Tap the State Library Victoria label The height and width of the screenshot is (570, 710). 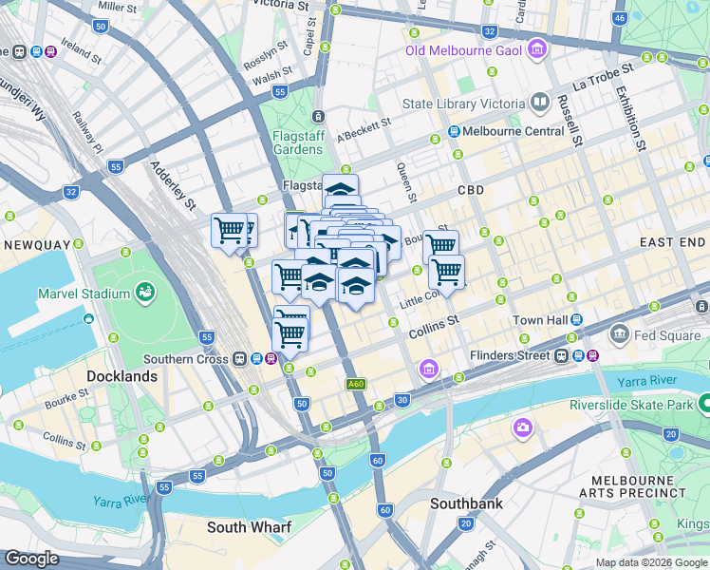(464, 104)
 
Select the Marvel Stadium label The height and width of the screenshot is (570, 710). (83, 293)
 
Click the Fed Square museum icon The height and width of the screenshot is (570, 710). (620, 333)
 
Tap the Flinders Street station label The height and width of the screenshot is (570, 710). (509, 356)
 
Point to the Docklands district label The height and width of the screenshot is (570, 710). (121, 376)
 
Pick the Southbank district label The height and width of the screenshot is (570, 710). (466, 503)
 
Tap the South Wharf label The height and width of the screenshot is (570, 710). (250, 526)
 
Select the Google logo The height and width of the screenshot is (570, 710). (31, 560)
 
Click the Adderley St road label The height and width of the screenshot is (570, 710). (172, 185)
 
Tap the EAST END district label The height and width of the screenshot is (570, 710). (672, 243)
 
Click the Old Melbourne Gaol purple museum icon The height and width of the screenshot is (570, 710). (537, 47)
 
